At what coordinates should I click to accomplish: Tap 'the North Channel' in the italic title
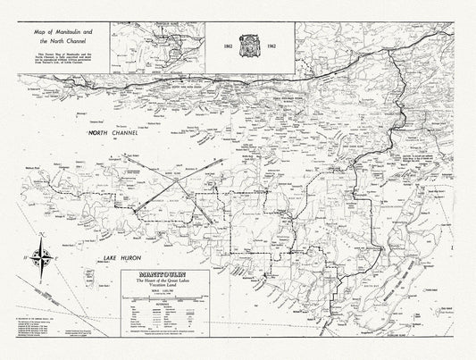(x=58, y=42)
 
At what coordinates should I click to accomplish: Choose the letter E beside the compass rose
(x=57, y=256)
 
